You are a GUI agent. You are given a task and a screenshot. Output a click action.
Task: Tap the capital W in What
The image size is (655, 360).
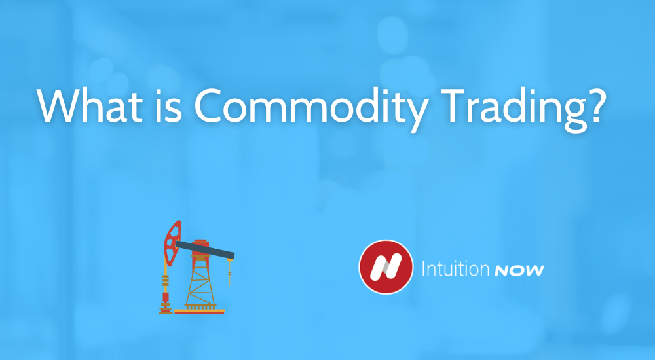(x=58, y=105)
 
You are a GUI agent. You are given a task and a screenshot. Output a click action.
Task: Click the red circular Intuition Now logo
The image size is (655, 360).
(x=385, y=268)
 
